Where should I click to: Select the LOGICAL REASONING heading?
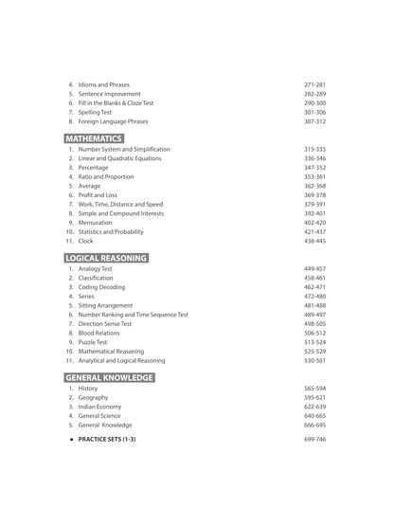[105, 258]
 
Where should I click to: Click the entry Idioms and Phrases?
[104, 84]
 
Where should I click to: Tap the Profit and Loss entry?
[97, 194]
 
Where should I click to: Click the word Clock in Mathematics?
[85, 241]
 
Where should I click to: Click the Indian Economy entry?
[99, 406]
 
